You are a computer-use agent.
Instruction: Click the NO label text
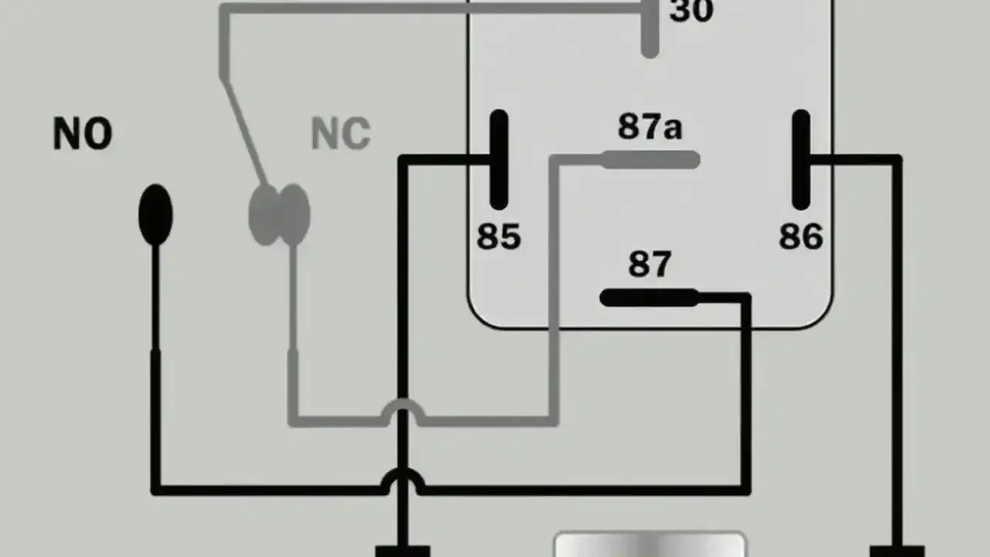(x=83, y=134)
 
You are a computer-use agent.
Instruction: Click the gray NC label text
(x=341, y=134)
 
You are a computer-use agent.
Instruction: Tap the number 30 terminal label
(x=691, y=11)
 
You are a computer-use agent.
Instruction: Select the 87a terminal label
(x=650, y=126)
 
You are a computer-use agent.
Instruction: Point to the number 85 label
(x=499, y=237)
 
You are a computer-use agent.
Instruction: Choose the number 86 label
(x=801, y=237)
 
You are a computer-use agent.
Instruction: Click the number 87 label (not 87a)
(x=650, y=265)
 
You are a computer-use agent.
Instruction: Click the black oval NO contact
(x=155, y=215)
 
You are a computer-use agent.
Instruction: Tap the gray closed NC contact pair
(x=279, y=215)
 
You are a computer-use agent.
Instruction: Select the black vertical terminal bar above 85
(x=499, y=159)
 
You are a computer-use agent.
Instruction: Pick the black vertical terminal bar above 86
(x=801, y=159)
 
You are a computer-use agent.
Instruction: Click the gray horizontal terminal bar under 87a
(x=650, y=159)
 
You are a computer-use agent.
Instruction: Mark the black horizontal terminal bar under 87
(x=650, y=298)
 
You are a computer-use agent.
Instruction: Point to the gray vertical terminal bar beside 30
(x=650, y=27)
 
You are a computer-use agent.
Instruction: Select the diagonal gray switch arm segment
(x=244, y=131)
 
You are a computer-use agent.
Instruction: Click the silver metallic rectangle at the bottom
(x=650, y=545)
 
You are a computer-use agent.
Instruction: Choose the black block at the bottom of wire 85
(x=403, y=552)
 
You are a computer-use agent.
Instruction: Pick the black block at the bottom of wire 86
(x=897, y=552)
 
